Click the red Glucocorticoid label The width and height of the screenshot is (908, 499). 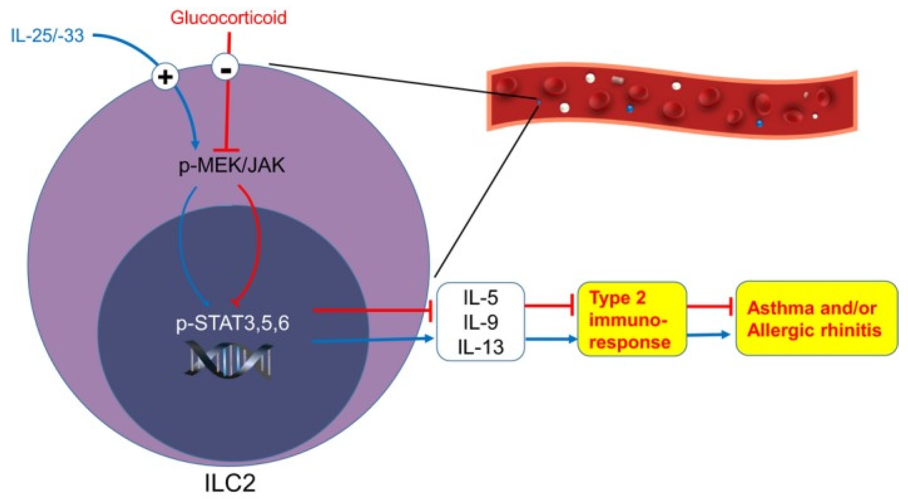[x=228, y=18]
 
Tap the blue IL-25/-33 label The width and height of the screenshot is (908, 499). [x=47, y=36]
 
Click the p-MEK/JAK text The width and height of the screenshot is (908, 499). [x=232, y=165]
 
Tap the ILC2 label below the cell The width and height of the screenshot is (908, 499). [x=230, y=483]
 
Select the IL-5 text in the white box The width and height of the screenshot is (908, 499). [x=480, y=298]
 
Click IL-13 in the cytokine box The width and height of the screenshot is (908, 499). [x=480, y=347]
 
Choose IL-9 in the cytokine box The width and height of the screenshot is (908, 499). [x=480, y=322]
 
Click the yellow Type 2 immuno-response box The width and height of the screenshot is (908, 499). [x=632, y=319]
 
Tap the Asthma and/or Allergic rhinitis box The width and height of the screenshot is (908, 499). [x=816, y=318]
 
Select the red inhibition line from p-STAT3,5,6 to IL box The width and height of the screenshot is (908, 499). [x=370, y=310]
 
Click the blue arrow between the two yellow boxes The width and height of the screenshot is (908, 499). [x=708, y=334]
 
